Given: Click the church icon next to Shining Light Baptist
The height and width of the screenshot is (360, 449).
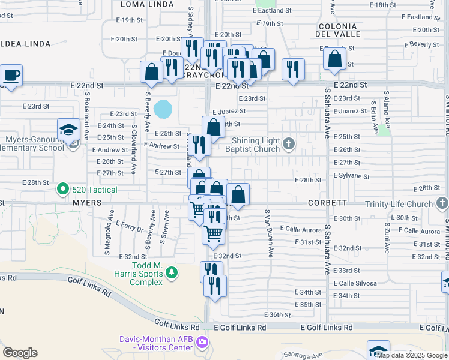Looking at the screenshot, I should (289, 143).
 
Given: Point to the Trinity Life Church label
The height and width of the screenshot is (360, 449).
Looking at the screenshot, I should (399, 204).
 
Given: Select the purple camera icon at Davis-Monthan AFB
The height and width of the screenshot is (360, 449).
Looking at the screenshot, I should (202, 342).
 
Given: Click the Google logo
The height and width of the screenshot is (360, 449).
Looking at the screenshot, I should (20, 353).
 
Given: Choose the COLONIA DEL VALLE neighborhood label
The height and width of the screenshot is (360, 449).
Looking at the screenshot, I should (338, 30).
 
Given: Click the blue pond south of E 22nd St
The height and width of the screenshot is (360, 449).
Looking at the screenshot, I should (163, 109).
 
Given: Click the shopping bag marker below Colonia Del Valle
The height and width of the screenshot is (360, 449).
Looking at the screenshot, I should (334, 59).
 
